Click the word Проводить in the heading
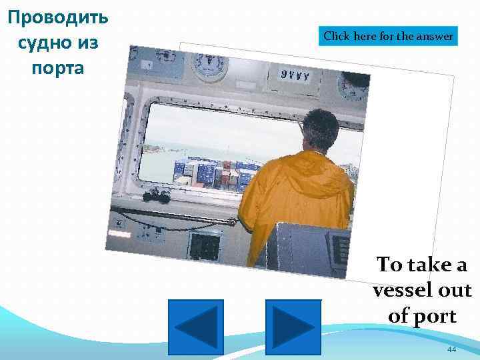[x=57, y=16]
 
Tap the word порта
[x=57, y=68]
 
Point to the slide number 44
[x=451, y=349]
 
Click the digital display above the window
[x=295, y=75]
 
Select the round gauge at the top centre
[x=209, y=64]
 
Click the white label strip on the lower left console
[x=119, y=235]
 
